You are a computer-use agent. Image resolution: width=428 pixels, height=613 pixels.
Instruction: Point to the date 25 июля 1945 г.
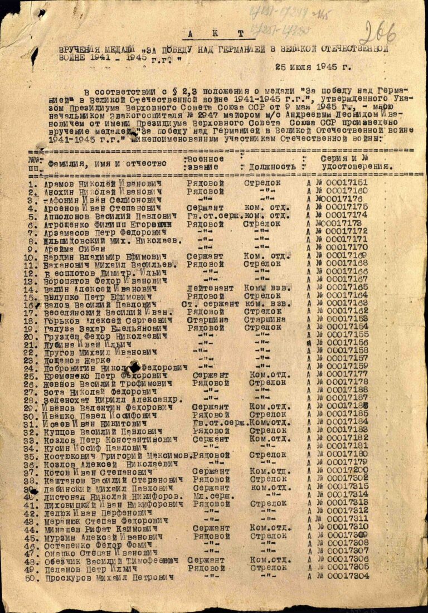point(313,67)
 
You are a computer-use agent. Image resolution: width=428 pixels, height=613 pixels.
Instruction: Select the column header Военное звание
point(205,163)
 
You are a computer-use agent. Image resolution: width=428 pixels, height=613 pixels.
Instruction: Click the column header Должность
point(272,167)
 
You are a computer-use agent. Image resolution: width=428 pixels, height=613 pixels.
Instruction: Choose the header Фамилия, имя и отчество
point(108,164)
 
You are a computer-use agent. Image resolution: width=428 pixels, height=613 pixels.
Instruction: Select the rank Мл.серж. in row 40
point(210,495)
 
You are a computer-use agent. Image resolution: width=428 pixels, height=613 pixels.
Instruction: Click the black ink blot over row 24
point(134,366)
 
